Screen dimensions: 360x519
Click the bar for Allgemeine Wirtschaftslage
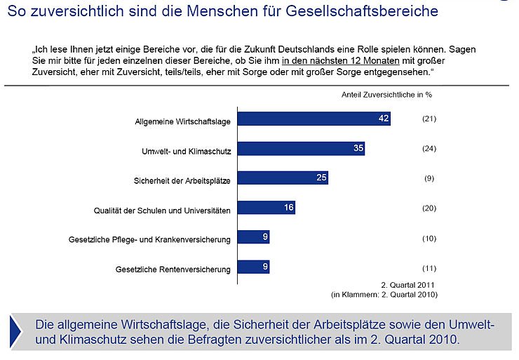(314, 119)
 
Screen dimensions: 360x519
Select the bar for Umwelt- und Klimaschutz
(302, 148)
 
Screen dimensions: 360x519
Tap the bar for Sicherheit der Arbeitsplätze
(283, 178)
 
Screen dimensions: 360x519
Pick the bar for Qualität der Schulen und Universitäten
(267, 208)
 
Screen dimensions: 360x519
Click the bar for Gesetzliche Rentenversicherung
(254, 267)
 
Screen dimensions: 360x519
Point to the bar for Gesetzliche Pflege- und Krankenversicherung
(254, 237)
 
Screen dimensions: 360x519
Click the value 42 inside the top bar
(383, 119)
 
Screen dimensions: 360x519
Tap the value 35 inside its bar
(357, 148)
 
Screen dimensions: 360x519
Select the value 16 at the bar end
(288, 208)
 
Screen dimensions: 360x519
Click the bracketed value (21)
(429, 119)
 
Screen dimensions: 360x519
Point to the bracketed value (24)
(429, 148)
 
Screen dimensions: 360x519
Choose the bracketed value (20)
(429, 208)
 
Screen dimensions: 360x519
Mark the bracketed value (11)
(429, 268)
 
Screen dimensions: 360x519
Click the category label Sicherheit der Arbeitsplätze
(182, 180)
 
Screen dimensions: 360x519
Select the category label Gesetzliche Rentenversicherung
(173, 269)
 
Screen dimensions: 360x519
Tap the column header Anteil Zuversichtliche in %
(386, 94)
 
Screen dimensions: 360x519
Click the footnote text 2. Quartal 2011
(409, 286)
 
